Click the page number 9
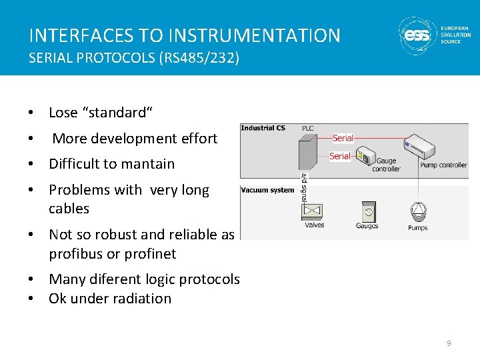pos(449,343)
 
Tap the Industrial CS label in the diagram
pos(263,128)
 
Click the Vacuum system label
pos(267,190)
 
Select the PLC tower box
pos(309,153)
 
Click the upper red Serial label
pos(343,138)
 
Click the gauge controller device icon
pos(363,157)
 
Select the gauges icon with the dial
pos(367,212)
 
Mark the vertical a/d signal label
pos(304,188)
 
